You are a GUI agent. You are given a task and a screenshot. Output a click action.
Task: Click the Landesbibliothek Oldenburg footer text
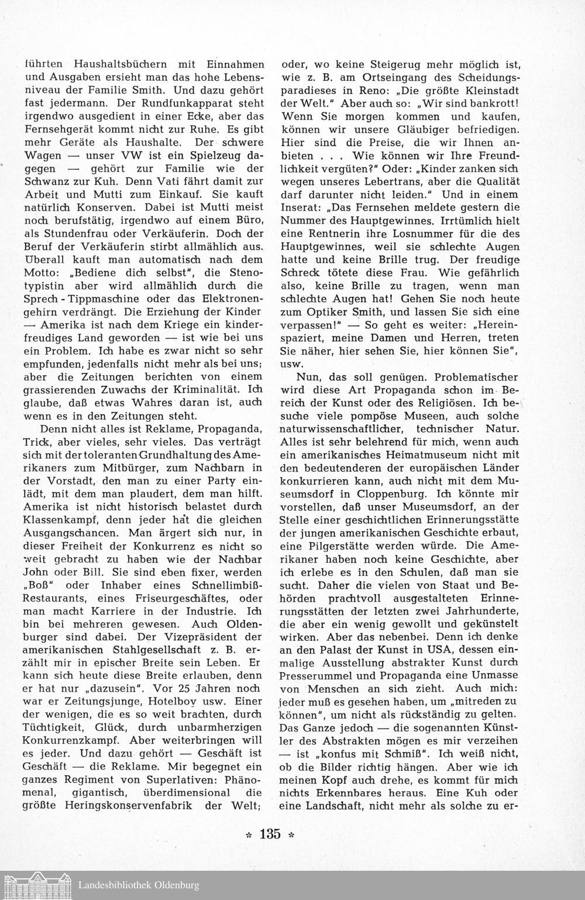tap(139, 885)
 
